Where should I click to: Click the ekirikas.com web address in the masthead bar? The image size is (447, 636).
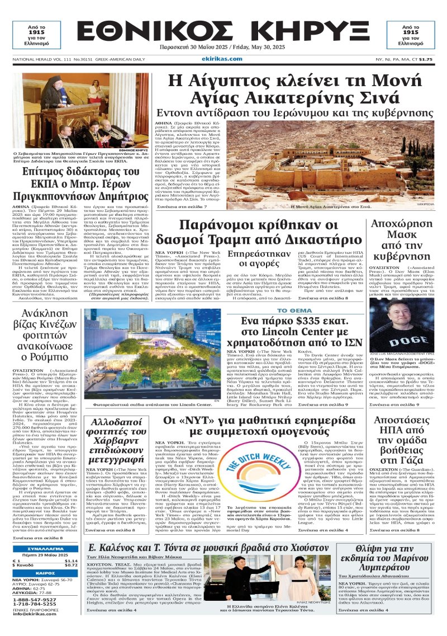point(222,59)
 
